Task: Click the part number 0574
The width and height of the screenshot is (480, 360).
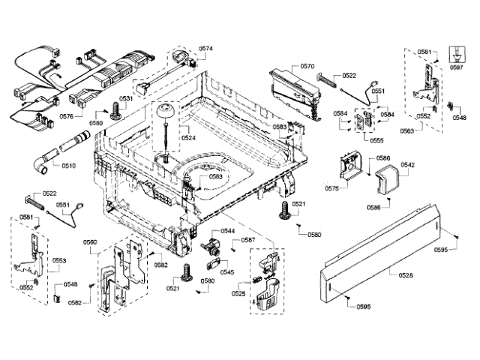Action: pos(205,49)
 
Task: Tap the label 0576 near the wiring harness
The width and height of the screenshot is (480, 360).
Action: pos(66,116)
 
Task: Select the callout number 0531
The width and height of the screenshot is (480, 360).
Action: pos(126,99)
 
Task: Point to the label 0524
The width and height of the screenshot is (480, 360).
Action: pos(188,137)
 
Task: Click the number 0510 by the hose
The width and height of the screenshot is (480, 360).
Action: pos(69,165)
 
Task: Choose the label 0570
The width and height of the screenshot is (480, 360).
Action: pos(307,67)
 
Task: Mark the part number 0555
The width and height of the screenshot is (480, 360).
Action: pos(376,140)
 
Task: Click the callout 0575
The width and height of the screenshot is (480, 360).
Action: pos(331,189)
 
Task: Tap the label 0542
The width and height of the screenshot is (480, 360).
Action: pos(408,164)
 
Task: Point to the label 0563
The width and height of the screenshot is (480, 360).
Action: pos(427,130)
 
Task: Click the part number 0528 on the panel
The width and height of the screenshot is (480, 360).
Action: pos(406,276)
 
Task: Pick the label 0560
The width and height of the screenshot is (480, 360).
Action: pos(89,241)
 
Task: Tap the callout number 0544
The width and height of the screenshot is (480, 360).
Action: pos(227,231)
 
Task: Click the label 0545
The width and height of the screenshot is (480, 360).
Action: pos(226,272)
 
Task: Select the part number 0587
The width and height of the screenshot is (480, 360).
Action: pos(248,241)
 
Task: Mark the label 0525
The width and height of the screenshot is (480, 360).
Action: pos(238,293)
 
